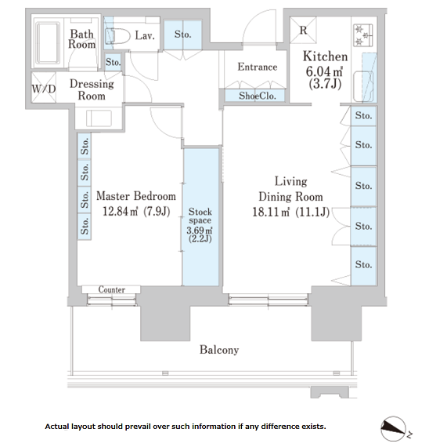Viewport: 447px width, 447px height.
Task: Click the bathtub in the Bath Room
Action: (48, 42)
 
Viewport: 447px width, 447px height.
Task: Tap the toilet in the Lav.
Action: (117, 36)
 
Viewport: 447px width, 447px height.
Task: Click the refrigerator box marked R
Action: (303, 30)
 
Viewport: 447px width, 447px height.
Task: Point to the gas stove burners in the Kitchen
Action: (363, 35)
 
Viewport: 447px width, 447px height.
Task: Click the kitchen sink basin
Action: (363, 86)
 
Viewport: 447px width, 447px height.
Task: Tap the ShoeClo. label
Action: (257, 96)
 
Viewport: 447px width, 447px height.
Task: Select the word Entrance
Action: (258, 67)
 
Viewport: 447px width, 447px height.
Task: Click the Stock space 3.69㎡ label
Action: (200, 225)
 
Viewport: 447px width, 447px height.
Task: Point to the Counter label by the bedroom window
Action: (111, 289)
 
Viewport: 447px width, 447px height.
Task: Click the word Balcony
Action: (219, 350)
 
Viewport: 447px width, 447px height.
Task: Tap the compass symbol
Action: (394, 429)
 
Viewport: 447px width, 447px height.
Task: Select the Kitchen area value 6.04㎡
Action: (324, 71)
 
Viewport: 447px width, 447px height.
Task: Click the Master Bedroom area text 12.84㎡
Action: (120, 212)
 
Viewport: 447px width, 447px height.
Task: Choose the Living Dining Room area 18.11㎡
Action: (271, 212)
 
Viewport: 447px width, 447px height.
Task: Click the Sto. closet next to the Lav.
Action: (182, 35)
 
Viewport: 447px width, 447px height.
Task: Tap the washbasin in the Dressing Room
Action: (99, 118)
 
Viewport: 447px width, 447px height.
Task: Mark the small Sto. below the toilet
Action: (113, 62)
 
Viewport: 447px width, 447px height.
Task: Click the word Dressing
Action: (92, 84)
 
